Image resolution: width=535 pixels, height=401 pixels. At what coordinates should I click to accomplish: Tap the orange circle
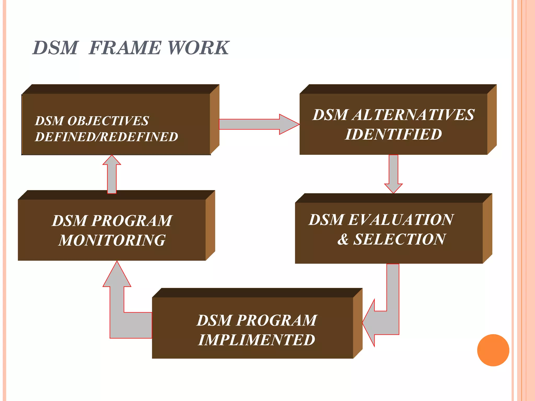(x=493, y=350)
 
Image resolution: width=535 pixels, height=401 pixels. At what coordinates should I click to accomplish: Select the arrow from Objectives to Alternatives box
(x=259, y=124)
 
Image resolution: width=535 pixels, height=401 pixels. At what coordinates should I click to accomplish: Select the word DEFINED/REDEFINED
(x=106, y=137)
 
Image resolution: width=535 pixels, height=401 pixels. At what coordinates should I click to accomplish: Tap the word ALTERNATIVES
(x=413, y=115)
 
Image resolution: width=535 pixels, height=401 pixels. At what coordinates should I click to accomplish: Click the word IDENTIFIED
(x=393, y=134)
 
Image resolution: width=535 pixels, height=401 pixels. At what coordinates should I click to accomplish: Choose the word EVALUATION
(x=401, y=220)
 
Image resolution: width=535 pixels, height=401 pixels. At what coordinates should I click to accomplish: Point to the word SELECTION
(x=399, y=239)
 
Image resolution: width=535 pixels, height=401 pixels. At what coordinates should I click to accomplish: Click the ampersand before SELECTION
(x=343, y=239)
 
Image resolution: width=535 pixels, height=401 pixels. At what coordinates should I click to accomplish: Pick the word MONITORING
(x=112, y=240)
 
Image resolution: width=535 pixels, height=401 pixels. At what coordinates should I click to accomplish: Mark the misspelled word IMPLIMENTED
(x=257, y=340)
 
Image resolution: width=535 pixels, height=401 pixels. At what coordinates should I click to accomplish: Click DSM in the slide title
(x=55, y=48)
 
